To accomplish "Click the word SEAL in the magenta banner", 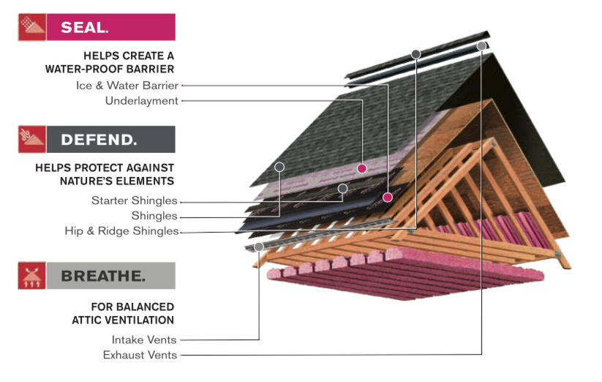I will pos(84,28).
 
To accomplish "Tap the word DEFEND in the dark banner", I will pos(98,139).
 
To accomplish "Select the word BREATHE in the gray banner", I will pos(102,276).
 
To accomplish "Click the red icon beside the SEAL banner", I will pos(31,27).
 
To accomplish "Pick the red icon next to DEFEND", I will pos(31,139).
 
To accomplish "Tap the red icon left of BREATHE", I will pos(31,276).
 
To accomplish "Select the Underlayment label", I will pos(141,100).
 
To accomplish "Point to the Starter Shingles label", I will pos(134,201).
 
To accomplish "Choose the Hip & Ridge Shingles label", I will pos(121,231).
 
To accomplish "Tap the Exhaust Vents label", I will pos(140,355).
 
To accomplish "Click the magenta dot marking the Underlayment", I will pos(361,168).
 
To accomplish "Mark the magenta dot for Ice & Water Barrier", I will pos(388,197).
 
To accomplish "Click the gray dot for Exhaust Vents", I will pos(481,46).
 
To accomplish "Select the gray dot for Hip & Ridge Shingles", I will pos(415,53).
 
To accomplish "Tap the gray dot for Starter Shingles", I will pos(342,188).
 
